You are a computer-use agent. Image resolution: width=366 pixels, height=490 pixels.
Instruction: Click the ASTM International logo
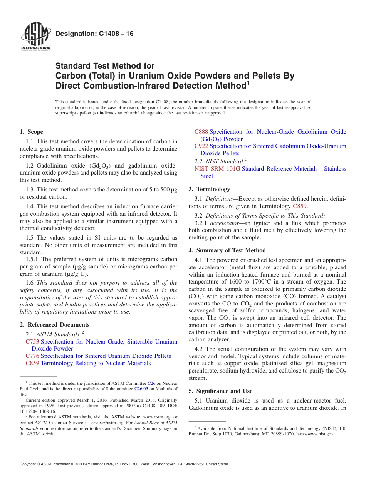36,37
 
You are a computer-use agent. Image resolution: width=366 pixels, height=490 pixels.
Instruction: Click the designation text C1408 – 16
94,34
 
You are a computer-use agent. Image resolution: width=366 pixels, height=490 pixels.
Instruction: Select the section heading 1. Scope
32,132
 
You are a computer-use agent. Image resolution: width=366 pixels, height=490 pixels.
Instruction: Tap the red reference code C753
32,342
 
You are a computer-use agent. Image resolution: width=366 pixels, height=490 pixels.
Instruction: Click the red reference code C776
32,356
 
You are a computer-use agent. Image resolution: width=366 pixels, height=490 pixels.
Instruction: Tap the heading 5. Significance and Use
220,391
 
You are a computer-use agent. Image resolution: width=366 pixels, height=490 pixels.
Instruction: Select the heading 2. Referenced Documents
55,325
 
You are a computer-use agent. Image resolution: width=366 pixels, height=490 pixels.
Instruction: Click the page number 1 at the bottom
183,473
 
